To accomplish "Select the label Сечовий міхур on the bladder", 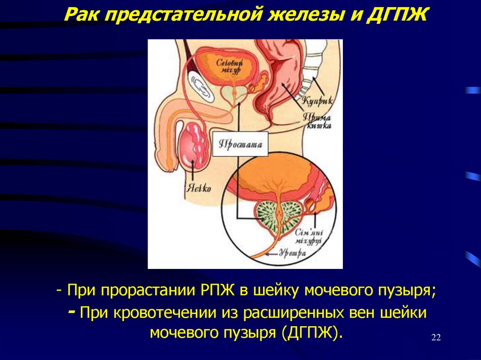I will coord(230,66).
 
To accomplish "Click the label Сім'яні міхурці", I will coord(308,237).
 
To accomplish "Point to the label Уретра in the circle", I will coord(293,253).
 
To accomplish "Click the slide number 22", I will coord(435,338).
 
